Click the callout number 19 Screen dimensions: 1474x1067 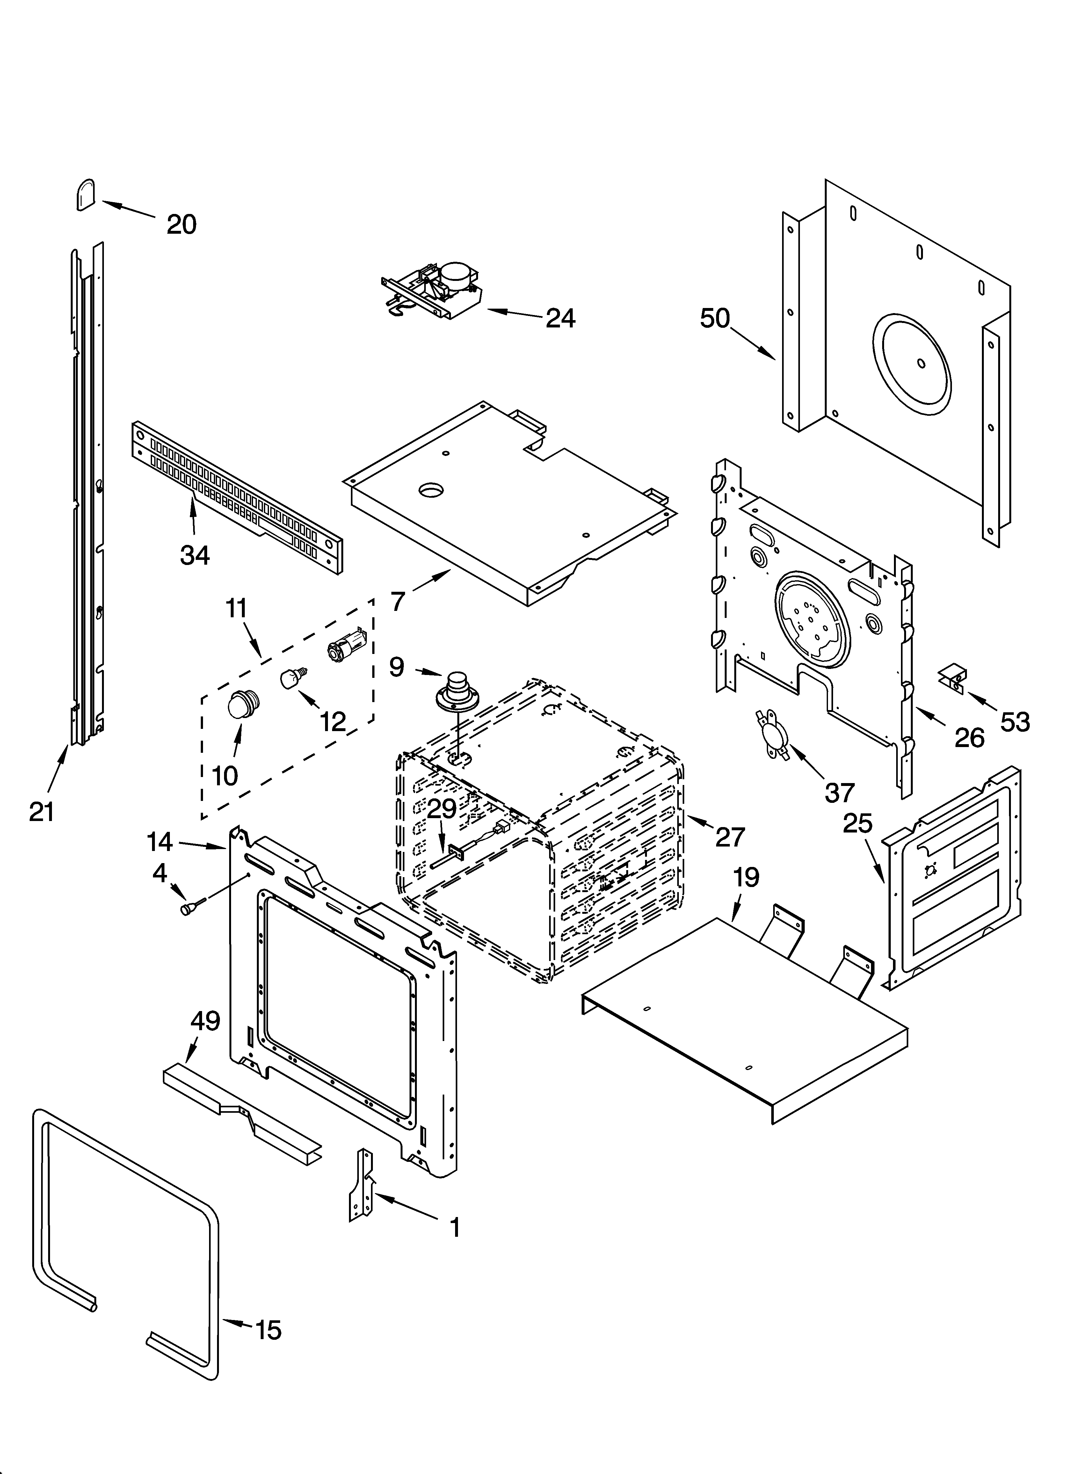coord(746,877)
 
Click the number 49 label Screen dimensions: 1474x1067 coord(205,1022)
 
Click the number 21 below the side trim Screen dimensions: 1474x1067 coord(41,812)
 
